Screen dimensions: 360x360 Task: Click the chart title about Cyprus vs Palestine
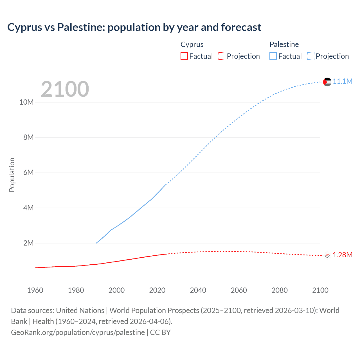click(134, 27)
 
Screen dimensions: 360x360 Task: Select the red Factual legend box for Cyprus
click(184, 56)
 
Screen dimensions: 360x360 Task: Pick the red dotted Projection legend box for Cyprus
click(222, 56)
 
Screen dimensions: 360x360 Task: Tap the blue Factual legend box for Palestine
click(273, 56)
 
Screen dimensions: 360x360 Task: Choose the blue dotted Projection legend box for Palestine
click(310, 56)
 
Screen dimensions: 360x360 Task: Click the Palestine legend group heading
click(284, 44)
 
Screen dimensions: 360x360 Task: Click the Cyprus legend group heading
click(192, 44)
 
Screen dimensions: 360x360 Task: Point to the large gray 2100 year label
click(65, 89)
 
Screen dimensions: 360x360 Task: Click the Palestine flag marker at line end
click(327, 82)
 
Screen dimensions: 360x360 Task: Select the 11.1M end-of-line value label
click(342, 82)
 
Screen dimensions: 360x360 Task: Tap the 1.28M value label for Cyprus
click(342, 255)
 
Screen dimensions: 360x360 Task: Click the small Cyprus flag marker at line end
click(327, 255)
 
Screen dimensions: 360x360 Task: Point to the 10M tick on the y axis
click(26, 102)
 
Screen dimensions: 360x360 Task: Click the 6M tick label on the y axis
click(28, 172)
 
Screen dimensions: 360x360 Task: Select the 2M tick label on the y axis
click(28, 243)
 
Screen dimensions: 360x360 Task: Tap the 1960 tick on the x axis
click(35, 290)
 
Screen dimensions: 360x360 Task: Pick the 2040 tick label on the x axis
click(198, 290)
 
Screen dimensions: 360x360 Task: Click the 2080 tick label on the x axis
click(280, 290)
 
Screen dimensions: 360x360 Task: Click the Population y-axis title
click(12, 175)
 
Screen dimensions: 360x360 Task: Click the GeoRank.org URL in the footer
click(78, 332)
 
